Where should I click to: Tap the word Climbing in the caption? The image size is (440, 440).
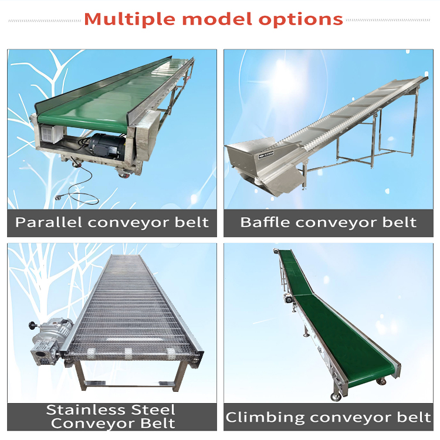pos(257,417)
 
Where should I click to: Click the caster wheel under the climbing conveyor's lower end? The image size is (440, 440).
pos(336,396)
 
